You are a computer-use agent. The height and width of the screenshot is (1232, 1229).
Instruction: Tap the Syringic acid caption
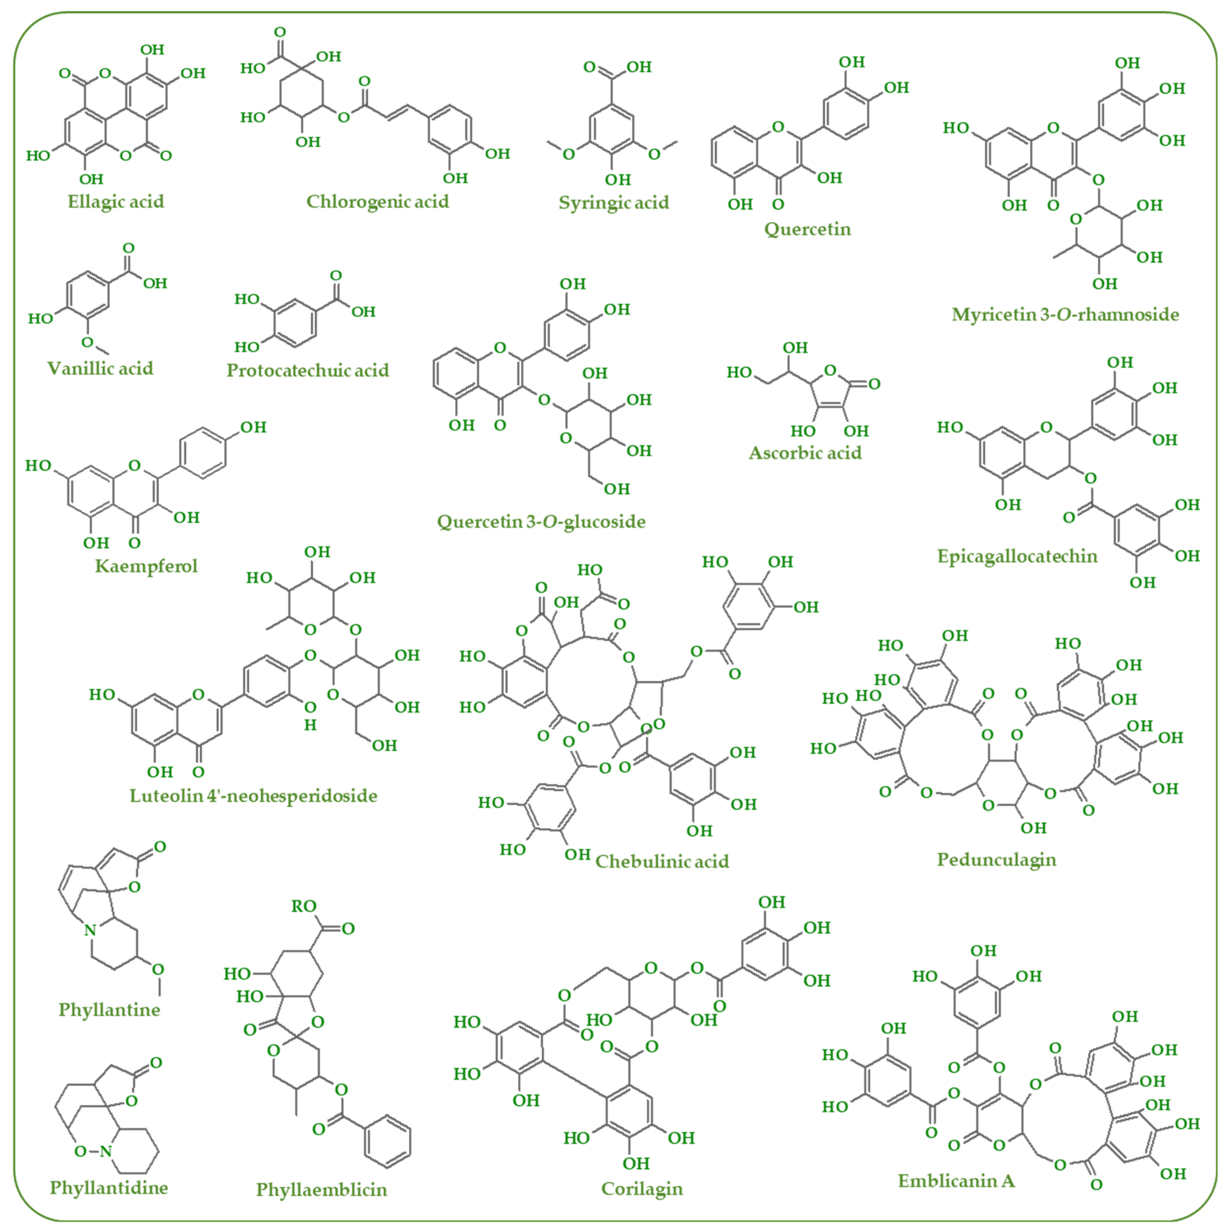(x=613, y=203)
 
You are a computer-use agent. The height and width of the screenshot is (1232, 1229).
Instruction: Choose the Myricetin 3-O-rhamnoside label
(x=1065, y=314)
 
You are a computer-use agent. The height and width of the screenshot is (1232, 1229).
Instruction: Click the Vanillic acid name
(x=100, y=368)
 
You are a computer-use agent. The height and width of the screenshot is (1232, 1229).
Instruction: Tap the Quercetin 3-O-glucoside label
(x=541, y=522)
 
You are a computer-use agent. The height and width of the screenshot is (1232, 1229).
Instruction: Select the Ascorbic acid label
(x=805, y=453)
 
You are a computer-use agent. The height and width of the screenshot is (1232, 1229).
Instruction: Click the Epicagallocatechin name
(x=1017, y=556)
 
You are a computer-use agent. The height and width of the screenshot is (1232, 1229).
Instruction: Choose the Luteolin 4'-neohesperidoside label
(x=253, y=796)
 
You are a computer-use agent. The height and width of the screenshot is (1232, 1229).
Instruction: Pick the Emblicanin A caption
(x=956, y=1181)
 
